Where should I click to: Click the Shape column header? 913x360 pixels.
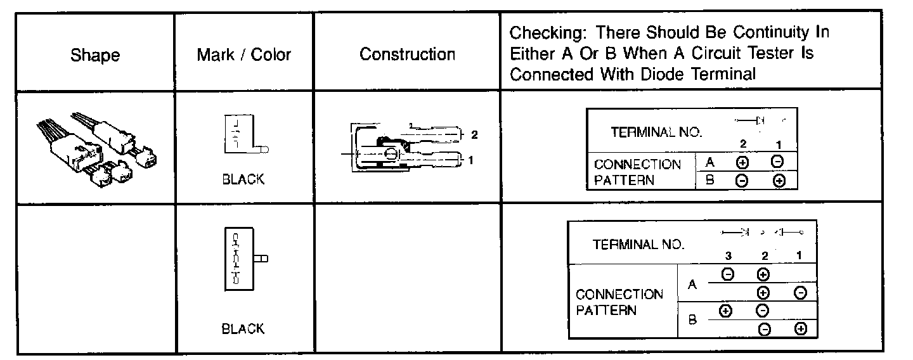click(x=95, y=55)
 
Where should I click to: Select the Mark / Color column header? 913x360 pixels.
click(x=243, y=55)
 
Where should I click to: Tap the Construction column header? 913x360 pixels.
click(x=407, y=55)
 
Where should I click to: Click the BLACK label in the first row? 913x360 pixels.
click(x=243, y=179)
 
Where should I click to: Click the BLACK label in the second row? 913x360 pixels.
click(x=243, y=329)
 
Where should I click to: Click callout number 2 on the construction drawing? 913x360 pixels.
click(x=474, y=134)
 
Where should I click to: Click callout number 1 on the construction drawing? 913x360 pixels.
click(x=470, y=160)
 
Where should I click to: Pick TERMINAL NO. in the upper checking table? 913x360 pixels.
click(x=656, y=132)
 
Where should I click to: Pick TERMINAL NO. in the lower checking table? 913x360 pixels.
click(x=638, y=245)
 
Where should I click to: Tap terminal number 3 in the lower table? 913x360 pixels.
click(x=728, y=256)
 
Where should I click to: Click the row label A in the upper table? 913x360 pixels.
click(x=710, y=162)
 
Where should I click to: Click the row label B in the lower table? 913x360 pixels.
click(x=692, y=321)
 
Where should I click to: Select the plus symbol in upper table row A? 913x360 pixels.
click(x=741, y=162)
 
